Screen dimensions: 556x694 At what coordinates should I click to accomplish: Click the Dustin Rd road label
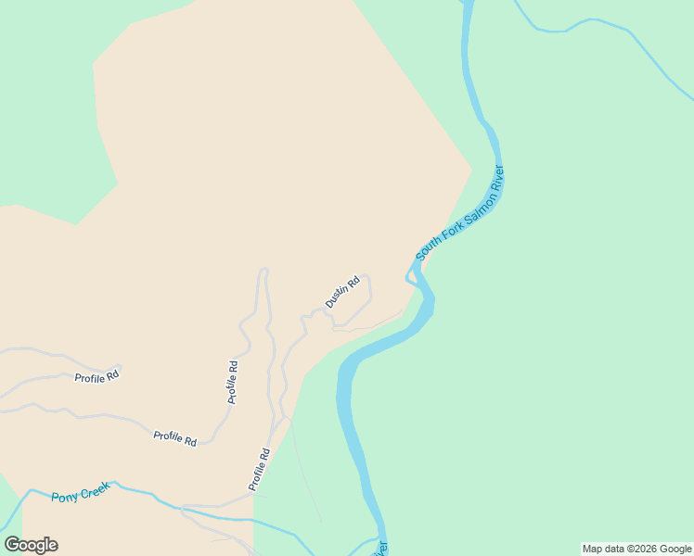[x=341, y=293]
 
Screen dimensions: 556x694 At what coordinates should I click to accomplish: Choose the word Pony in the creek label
[x=65, y=497]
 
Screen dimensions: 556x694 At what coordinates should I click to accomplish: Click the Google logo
[x=31, y=545]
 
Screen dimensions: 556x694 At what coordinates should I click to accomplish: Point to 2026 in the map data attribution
[x=642, y=549]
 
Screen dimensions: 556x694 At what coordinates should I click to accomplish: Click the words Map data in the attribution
[x=604, y=549]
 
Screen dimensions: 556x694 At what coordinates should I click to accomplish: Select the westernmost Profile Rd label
[x=97, y=376]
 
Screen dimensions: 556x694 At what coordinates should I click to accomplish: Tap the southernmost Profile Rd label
[x=259, y=469]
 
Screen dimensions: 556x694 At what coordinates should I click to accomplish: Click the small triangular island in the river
[x=412, y=277]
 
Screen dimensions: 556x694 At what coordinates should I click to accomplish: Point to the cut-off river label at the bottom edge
[x=381, y=549]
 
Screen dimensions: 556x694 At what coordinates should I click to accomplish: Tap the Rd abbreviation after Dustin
[x=353, y=282]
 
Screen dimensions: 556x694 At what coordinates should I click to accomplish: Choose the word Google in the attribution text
[x=675, y=549]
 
